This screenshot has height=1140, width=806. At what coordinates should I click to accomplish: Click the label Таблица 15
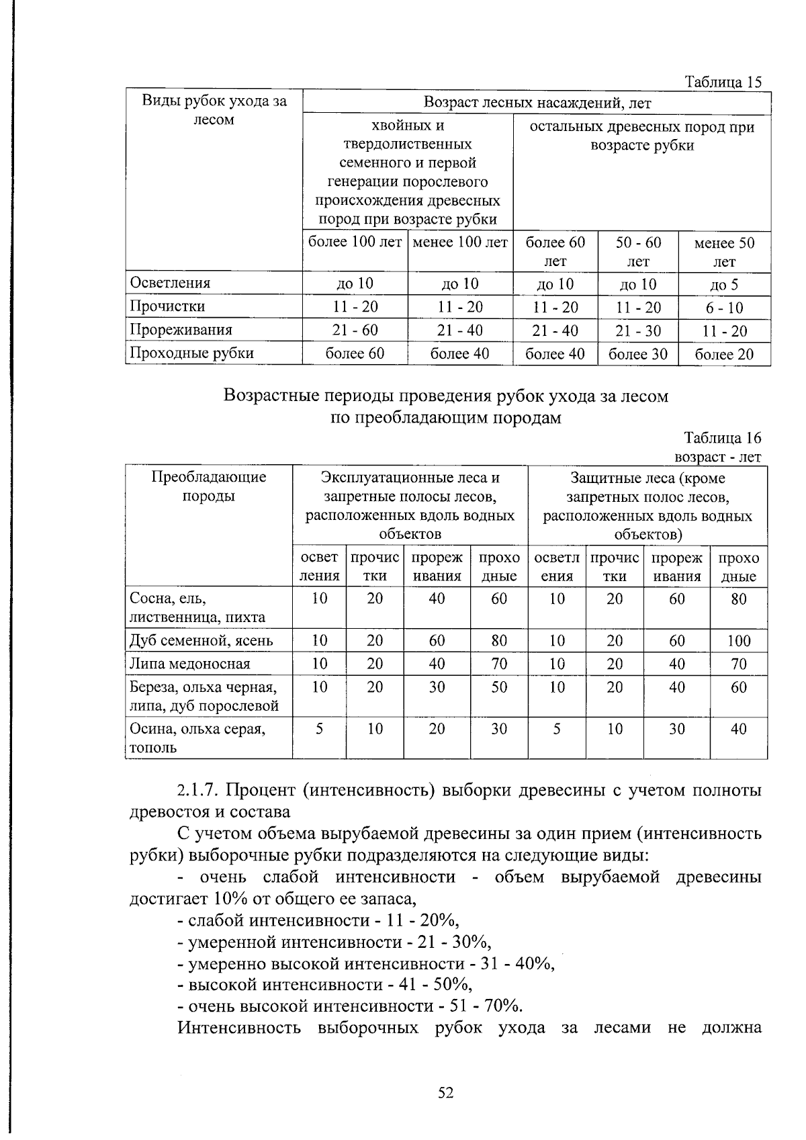[723, 82]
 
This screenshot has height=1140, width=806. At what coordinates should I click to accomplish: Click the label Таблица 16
[723, 438]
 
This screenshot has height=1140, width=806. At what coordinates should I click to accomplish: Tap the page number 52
[446, 1093]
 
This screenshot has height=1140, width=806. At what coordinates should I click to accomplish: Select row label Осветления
[170, 283]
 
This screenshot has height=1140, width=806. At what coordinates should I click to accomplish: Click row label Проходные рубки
[191, 353]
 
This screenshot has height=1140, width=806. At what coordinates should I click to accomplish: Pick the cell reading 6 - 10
[724, 308]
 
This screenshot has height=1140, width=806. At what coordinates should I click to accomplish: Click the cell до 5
[724, 284]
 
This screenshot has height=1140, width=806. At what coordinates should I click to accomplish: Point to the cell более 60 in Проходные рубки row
[355, 353]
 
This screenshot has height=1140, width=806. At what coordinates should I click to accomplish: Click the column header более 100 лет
[355, 242]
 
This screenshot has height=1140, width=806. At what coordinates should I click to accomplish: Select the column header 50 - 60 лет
[638, 251]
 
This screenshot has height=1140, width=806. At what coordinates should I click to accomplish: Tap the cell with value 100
[738, 641]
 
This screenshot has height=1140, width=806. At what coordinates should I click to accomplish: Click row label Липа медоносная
[189, 664]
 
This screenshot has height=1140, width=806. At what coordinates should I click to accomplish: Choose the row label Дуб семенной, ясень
[201, 641]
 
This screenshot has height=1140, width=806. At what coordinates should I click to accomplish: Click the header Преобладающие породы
[208, 486]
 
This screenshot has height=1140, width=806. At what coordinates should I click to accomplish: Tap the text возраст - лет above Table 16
[718, 457]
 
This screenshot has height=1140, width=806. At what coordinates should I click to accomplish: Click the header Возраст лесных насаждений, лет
[537, 103]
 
